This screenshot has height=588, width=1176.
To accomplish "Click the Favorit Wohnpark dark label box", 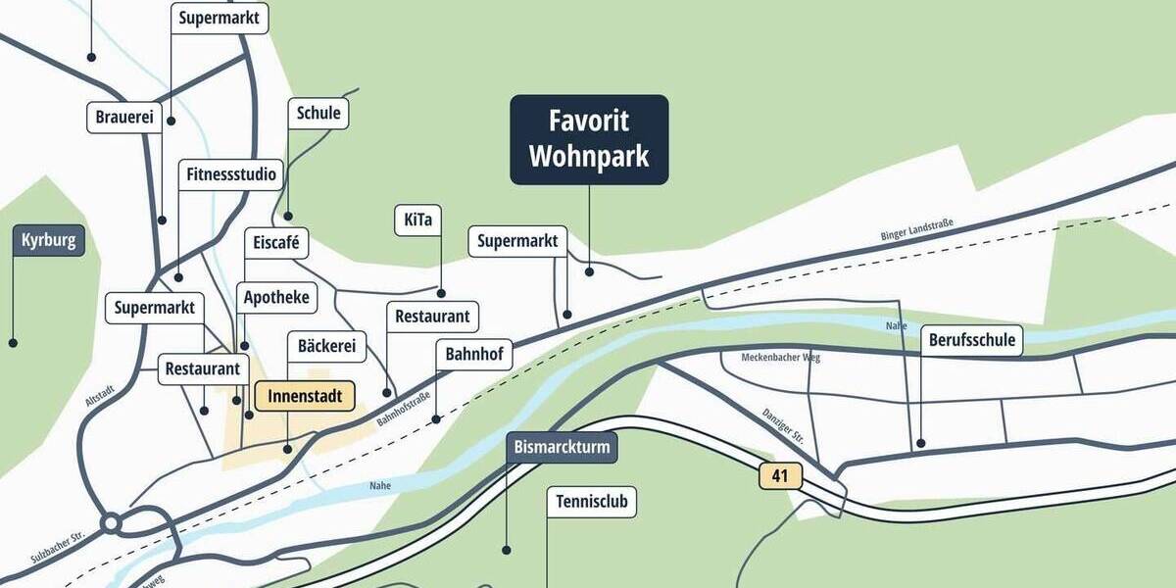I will [589, 139].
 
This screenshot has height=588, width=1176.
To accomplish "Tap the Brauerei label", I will [124, 118].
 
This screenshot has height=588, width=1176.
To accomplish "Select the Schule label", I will [318, 114].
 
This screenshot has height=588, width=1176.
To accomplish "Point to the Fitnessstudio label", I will [232, 175].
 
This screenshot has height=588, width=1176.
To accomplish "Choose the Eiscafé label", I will [276, 242].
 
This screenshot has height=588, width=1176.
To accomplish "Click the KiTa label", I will [417, 220].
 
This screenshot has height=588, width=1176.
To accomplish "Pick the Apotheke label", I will [276, 297].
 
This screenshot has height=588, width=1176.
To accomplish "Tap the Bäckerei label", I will [325, 346].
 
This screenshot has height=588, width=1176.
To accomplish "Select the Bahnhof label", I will [474, 354].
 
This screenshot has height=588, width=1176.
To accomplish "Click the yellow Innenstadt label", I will [305, 396].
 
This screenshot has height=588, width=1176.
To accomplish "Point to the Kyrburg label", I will [48, 240].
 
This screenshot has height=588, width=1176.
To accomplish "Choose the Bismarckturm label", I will [563, 448].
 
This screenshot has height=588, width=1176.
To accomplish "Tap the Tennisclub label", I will [591, 503].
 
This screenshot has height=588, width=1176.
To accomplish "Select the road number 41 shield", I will [780, 477].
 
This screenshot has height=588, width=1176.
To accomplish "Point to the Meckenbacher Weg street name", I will [781, 358].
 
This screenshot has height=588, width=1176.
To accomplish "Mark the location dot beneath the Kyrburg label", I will [13, 343].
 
